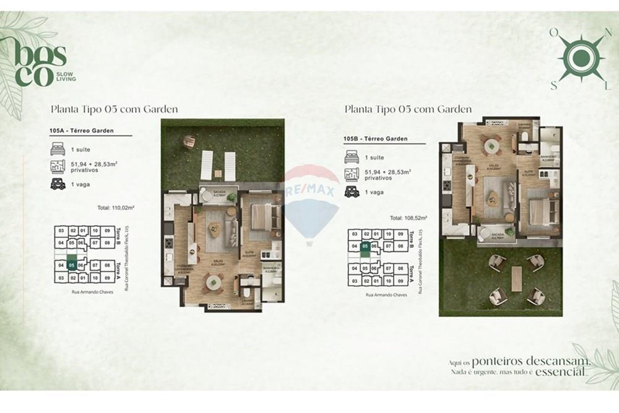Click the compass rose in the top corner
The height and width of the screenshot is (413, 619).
pos(580,58)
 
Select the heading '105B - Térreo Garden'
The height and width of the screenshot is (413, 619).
pos(375,139)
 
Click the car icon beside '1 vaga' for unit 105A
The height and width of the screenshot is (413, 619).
pos(58,184)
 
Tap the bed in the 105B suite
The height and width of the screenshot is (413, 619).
pos(543,211)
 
